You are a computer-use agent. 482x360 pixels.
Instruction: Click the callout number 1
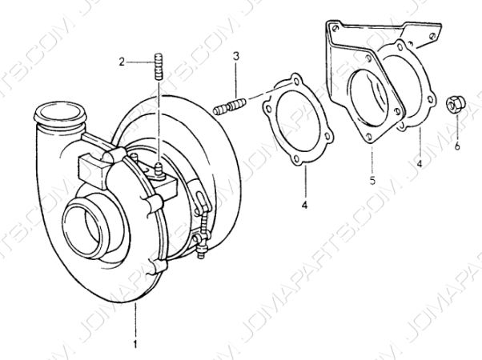coord(135,344)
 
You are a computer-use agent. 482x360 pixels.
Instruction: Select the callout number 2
coord(122,62)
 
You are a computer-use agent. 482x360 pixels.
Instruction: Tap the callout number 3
coord(235,56)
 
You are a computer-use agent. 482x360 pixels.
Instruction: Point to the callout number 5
coord(372,180)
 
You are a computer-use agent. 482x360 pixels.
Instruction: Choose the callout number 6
coord(457,146)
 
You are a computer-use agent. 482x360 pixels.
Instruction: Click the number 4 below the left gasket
coord(304,205)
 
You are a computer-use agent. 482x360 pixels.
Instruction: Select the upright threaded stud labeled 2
coord(158,66)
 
